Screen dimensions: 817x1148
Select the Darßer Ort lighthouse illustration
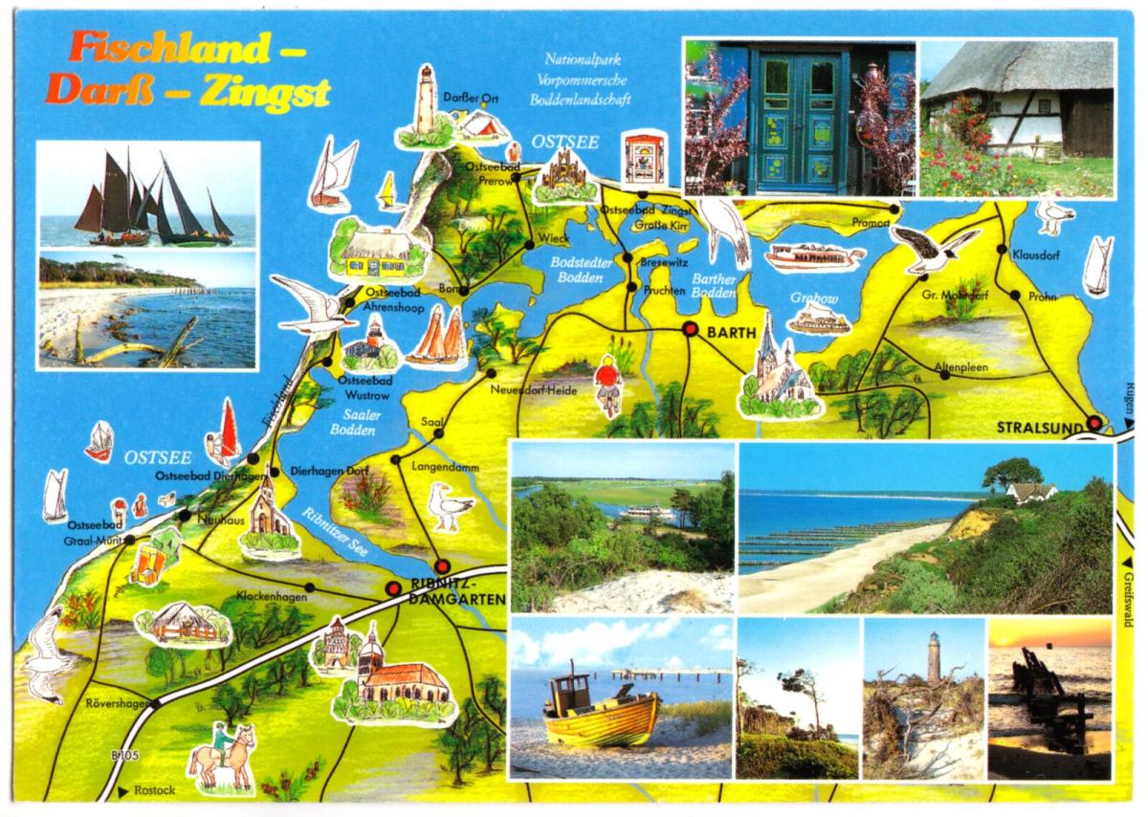click(425, 103)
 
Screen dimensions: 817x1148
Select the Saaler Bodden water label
click(362, 422)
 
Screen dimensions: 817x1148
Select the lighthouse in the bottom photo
click(933, 658)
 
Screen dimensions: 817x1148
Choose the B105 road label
click(125, 757)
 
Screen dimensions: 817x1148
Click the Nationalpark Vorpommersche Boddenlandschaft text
click(588, 77)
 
